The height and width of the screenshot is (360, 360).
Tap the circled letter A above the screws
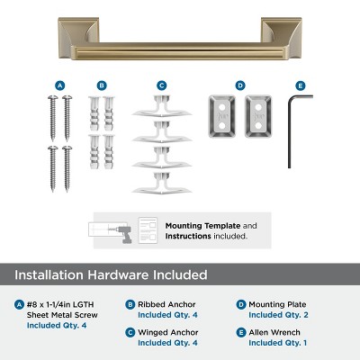(60, 85)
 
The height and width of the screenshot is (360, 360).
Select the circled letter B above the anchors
(102, 85)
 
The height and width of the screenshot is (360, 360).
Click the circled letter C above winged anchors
(162, 85)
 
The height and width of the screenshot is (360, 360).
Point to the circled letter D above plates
(240, 85)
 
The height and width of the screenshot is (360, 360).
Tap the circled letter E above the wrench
(300, 85)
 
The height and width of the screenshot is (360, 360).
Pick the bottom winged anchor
(162, 184)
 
